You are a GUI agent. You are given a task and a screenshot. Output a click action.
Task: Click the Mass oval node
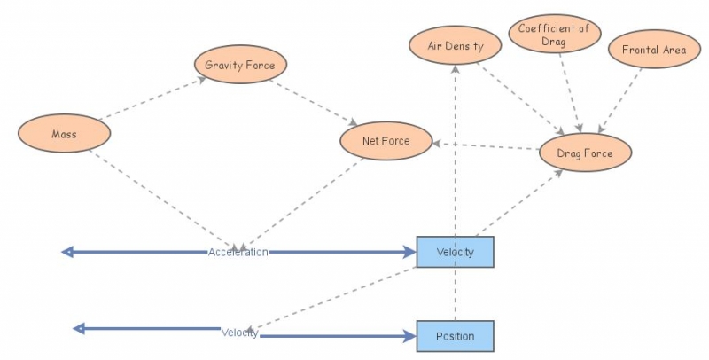(x=64, y=134)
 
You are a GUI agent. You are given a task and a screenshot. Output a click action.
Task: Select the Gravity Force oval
(x=240, y=65)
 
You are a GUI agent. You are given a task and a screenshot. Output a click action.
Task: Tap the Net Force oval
(x=386, y=141)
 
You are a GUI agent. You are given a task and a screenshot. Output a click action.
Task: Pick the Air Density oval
(x=456, y=45)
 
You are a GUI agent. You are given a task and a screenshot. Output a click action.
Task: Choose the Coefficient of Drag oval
(x=555, y=35)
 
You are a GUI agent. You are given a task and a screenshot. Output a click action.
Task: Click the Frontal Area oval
(x=653, y=50)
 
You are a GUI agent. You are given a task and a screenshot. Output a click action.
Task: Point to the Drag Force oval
(x=584, y=153)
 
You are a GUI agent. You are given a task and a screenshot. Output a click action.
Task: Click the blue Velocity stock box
(x=455, y=252)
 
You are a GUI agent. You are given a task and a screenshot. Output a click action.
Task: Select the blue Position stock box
(x=455, y=336)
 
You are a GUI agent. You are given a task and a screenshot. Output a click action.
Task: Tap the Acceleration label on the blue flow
(x=238, y=252)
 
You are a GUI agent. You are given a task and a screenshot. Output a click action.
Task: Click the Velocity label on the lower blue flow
(x=239, y=333)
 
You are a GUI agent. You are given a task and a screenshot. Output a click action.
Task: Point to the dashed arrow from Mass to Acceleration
(x=164, y=200)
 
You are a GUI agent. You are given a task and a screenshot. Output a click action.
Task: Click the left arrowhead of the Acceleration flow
(x=66, y=252)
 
